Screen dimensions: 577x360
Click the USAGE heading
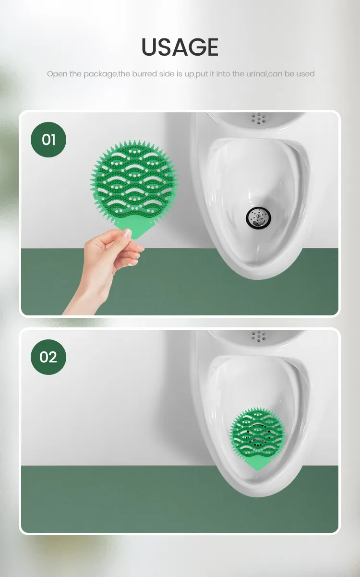point(180,47)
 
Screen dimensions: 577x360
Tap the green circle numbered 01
point(48,140)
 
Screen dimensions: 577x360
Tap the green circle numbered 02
point(48,357)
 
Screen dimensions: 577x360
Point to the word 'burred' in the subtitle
point(144,74)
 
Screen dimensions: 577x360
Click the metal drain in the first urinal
point(259,218)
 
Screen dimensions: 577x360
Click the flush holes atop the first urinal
point(259,118)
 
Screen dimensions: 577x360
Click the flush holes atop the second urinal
point(259,335)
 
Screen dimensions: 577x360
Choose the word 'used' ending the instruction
point(305,74)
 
